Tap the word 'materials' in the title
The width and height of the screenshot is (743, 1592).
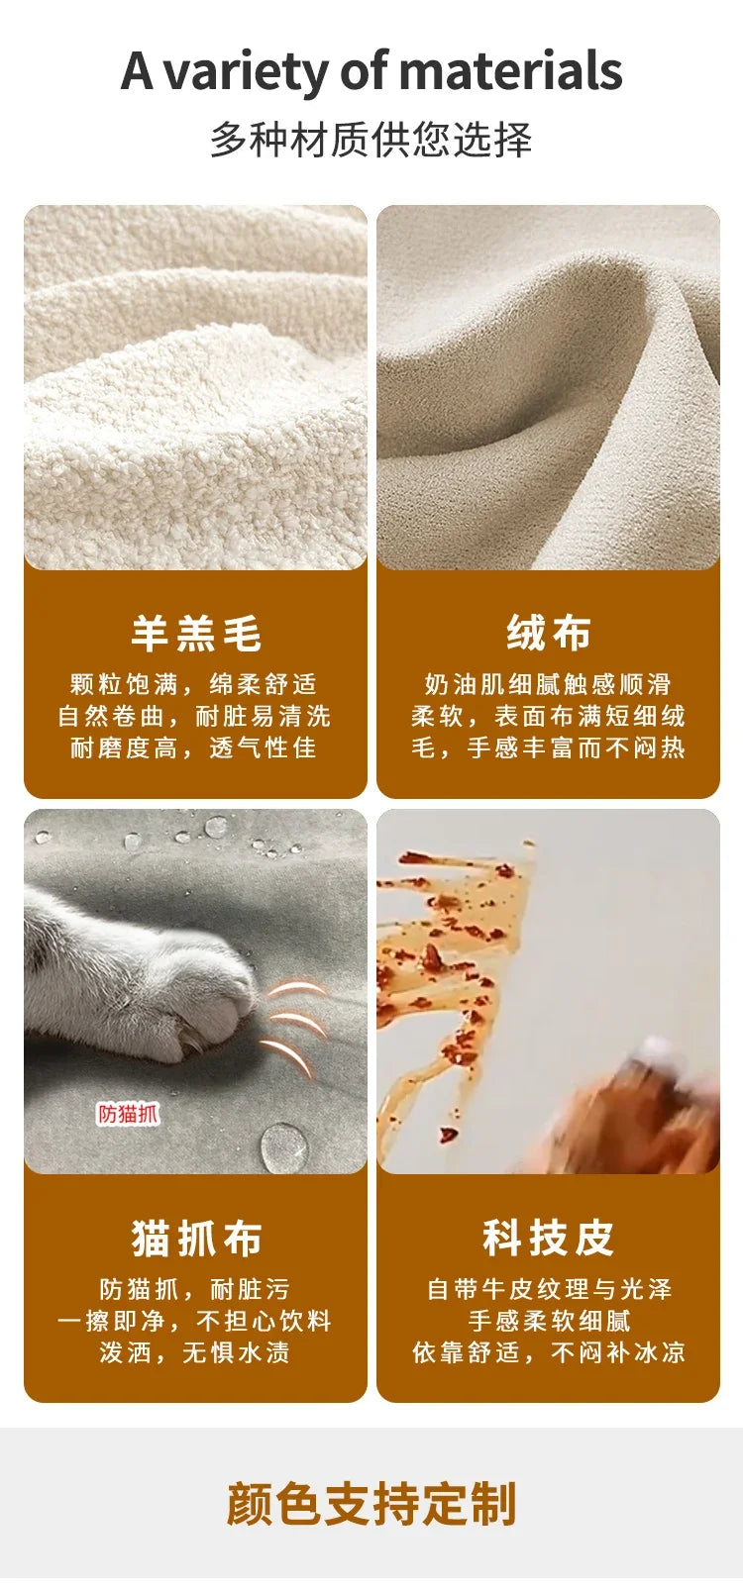pos(510,71)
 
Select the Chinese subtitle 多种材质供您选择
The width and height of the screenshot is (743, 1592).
pos(371,140)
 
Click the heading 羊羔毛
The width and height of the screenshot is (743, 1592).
pos(195,633)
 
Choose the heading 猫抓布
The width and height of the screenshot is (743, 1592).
pos(196,1239)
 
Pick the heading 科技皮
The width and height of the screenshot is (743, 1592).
pos(548,1238)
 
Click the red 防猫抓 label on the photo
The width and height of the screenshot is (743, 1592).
pos(128,1114)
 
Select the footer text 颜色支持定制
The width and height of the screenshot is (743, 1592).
pos(371,1503)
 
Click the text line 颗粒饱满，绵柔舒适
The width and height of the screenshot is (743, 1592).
pos(194,684)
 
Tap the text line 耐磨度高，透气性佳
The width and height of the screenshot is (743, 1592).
pos(194,746)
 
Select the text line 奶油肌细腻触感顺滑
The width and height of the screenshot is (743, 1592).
pos(548,684)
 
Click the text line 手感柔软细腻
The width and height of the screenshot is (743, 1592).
pos(548,1321)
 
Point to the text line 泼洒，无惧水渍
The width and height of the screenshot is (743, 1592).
pos(194,1351)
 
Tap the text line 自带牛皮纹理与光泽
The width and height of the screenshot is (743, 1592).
pos(548,1289)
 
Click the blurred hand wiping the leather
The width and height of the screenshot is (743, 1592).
pos(626,1109)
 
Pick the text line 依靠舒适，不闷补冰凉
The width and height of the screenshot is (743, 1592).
pos(548,1351)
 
